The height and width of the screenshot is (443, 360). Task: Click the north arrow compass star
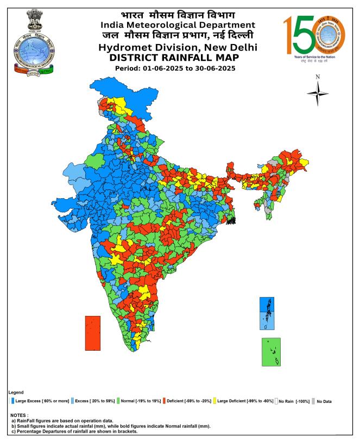pyautogui.click(x=318, y=93)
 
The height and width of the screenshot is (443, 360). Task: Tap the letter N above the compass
pyautogui.click(x=318, y=77)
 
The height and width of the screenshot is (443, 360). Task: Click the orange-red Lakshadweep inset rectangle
pyautogui.click(x=93, y=333)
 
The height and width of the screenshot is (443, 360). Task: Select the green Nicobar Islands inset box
pyautogui.click(x=271, y=352)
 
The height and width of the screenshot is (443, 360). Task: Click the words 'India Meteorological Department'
pyautogui.click(x=177, y=24)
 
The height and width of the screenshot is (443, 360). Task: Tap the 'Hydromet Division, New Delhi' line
pyautogui.click(x=177, y=47)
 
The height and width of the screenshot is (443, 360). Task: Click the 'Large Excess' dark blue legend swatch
pyautogui.click(x=12, y=401)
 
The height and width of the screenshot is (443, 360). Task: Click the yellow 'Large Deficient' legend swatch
pyautogui.click(x=214, y=401)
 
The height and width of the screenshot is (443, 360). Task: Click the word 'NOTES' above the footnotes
pyautogui.click(x=20, y=415)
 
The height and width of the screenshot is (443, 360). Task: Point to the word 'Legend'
pyautogui.click(x=16, y=392)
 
